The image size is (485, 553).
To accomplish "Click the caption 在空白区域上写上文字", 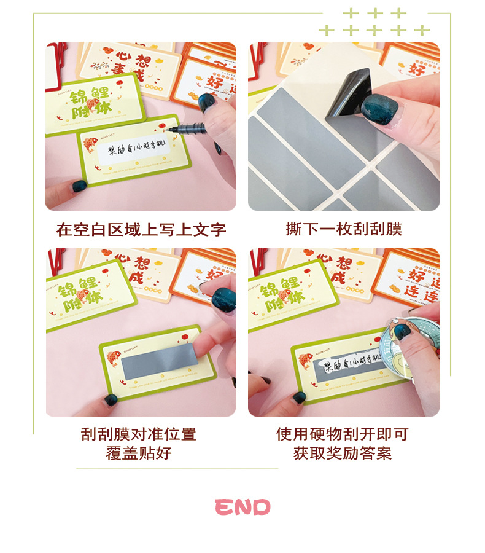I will coord(141,230).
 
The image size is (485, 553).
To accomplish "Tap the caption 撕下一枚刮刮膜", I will coord(344,229).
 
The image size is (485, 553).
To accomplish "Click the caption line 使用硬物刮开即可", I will coord(342,434).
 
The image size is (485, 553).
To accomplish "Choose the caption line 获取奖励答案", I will coord(342,454).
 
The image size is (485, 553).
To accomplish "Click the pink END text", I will coord(243,507).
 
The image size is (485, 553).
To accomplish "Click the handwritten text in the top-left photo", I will coord(130,152).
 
